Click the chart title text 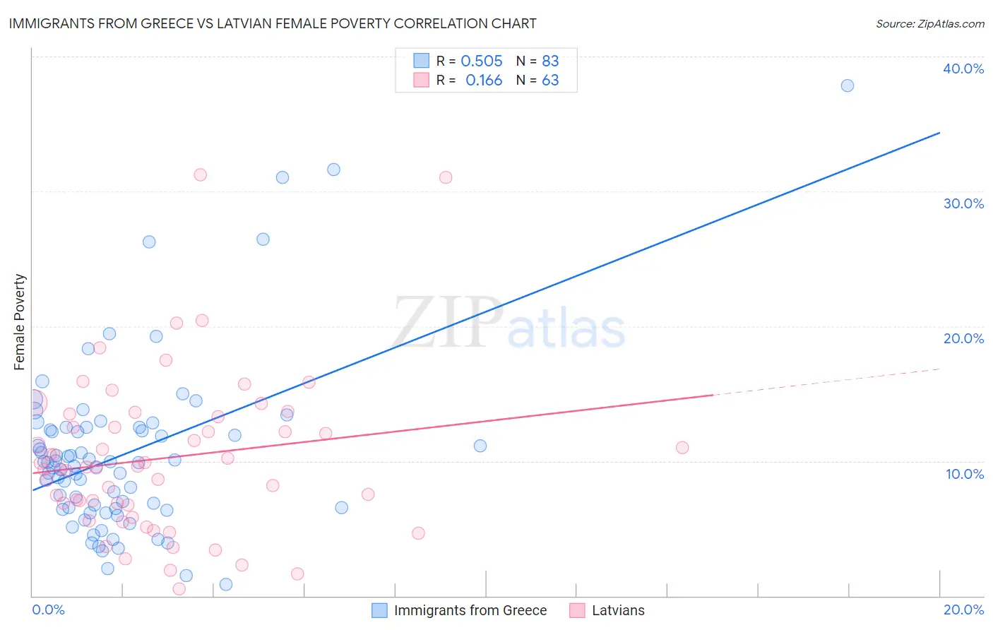pyautogui.click(x=273, y=23)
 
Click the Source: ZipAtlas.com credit pyautogui.click(x=929, y=24)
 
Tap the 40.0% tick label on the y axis pyautogui.click(x=963, y=69)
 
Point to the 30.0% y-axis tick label pyautogui.click(x=963, y=203)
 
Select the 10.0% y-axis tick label pyautogui.click(x=965, y=474)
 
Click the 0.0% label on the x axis pyautogui.click(x=48, y=610)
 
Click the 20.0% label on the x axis pyautogui.click(x=963, y=610)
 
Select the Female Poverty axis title pyautogui.click(x=20, y=322)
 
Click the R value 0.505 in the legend pyautogui.click(x=482, y=61)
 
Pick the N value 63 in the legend pyautogui.click(x=550, y=81)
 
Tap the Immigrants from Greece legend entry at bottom pyautogui.click(x=460, y=610)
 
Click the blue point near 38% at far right pyautogui.click(x=848, y=85)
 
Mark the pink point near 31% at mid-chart pyautogui.click(x=446, y=177)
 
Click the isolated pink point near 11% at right pyautogui.click(x=682, y=447)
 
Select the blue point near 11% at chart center pyautogui.click(x=480, y=446)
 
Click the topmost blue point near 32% pyautogui.click(x=333, y=170)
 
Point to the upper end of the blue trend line pyautogui.click(x=939, y=133)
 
